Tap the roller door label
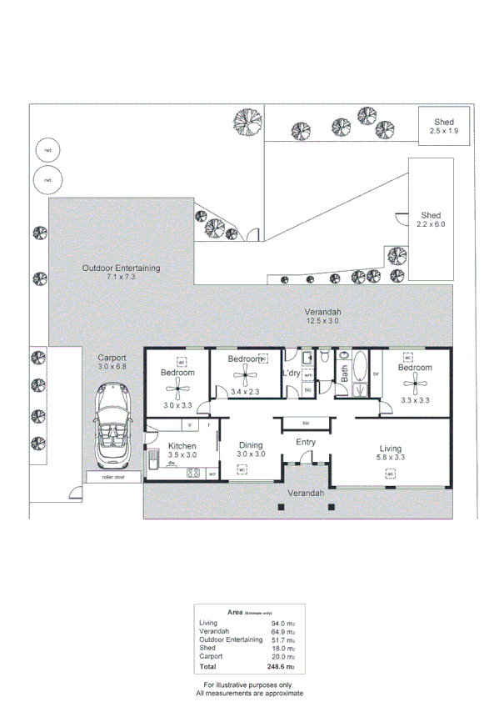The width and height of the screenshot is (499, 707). (x=112, y=478)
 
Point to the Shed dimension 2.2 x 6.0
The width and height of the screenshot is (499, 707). (x=432, y=224)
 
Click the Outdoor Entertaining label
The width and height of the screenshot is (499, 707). (x=121, y=268)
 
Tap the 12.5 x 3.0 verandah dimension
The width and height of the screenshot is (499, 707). (x=322, y=320)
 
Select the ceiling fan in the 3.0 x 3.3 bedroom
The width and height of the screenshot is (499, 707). (x=177, y=387)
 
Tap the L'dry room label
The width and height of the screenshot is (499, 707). (x=292, y=373)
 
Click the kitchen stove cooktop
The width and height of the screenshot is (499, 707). (x=193, y=474)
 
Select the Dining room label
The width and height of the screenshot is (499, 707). (x=251, y=445)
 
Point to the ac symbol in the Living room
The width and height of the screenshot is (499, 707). (x=390, y=474)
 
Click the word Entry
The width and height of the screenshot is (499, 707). (x=306, y=443)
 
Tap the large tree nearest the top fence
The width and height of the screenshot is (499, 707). (x=247, y=121)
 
